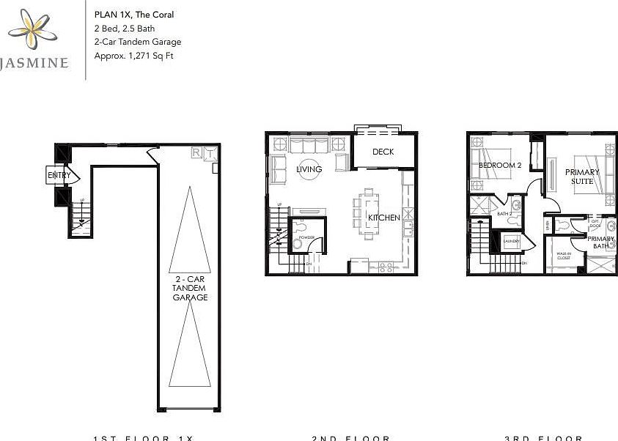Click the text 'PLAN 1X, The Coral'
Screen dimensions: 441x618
[134, 14]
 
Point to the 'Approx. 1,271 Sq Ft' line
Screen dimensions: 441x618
[133, 56]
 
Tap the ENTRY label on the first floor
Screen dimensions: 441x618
[59, 176]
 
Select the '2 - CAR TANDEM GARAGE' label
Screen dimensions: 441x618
[190, 289]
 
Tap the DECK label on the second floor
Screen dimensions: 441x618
[383, 152]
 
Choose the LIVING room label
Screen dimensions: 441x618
[309, 170]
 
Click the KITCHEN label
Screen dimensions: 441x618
[383, 218]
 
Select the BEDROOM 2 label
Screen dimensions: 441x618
[499, 166]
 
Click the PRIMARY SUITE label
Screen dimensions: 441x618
[582, 177]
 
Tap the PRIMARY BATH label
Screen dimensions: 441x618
[601, 242]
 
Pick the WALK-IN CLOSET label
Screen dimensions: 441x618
[564, 256]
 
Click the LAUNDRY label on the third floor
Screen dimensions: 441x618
[512, 241]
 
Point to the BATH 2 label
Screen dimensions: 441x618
[504, 214]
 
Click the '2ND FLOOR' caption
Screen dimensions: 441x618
[351, 437]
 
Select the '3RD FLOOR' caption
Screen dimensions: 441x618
[543, 437]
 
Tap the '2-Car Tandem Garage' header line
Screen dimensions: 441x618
[138, 42]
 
